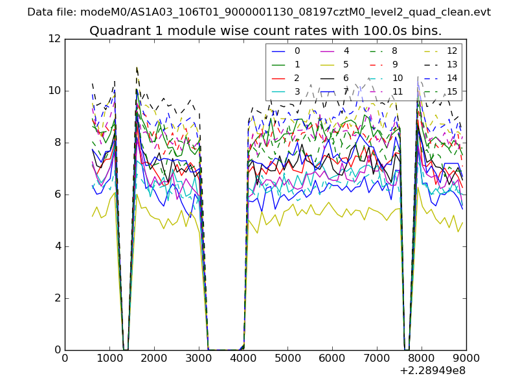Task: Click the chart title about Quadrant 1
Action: [x=265, y=30]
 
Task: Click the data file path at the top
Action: [x=259, y=12]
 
